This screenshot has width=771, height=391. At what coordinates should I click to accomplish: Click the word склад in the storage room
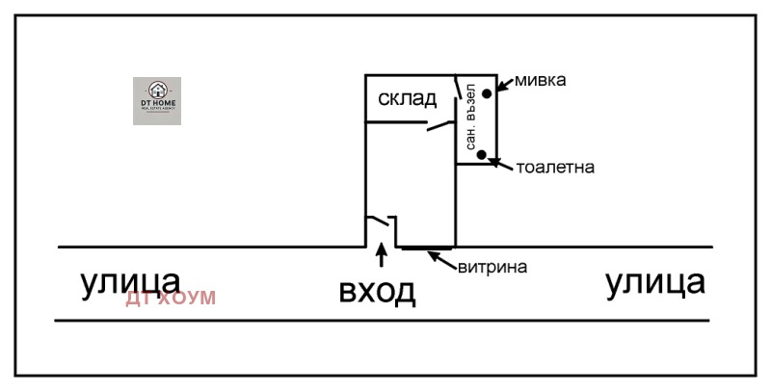pos(407,97)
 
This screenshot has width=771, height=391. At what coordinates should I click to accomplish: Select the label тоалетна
pos(554,167)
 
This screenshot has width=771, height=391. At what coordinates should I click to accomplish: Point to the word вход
pos(377,290)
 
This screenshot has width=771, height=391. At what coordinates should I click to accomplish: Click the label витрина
pos(492,267)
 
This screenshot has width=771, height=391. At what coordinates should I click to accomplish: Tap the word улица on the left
pos(130,282)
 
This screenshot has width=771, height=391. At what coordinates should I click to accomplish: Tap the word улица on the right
pos(654,282)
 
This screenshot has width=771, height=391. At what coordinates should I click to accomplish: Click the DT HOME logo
pos(156,101)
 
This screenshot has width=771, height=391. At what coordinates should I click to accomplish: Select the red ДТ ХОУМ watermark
pos(171,299)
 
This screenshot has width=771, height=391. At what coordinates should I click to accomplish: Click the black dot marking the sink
pos(488,92)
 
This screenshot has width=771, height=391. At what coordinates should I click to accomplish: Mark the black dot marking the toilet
pos(482,154)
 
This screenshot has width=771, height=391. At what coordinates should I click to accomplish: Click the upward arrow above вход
pos(382,255)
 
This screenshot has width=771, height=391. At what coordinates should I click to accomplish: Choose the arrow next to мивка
pos(504,84)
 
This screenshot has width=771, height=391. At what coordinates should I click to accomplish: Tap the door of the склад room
pos(439,125)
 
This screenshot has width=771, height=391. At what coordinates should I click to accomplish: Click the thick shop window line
pos(424,248)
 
